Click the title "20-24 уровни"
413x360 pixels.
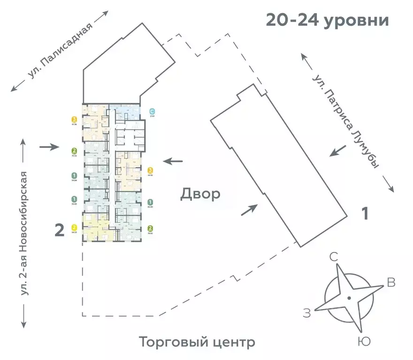click(x=328, y=20)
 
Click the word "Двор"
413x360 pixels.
click(x=200, y=194)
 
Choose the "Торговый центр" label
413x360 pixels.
click(x=197, y=342)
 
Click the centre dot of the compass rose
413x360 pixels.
click(x=349, y=298)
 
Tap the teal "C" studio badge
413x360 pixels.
click(x=152, y=111)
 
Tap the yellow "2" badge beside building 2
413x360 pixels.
click(x=74, y=227)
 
